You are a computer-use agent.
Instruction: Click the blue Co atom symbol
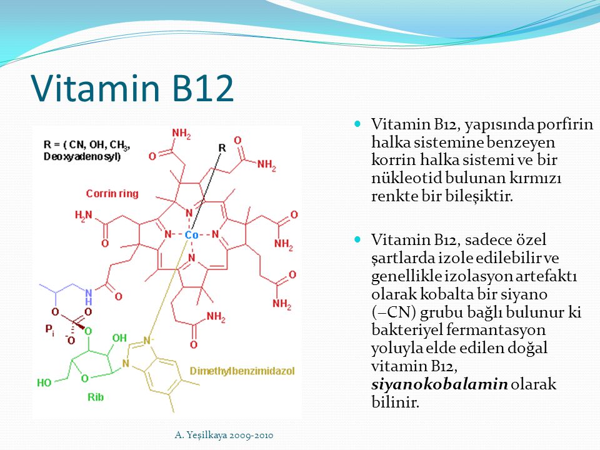(191, 235)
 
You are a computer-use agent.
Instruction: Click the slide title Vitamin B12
(132, 88)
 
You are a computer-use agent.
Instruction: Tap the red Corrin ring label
(112, 194)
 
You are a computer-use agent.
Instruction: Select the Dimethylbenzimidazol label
(242, 371)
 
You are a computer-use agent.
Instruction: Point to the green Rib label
(96, 397)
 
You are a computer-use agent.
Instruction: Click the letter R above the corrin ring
(222, 147)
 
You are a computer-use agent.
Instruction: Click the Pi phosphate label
(50, 329)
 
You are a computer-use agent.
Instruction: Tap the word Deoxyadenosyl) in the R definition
(82, 157)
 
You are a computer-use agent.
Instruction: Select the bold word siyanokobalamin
(439, 384)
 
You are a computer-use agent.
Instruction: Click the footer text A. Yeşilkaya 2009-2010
(224, 435)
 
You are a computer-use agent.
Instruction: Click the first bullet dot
(357, 124)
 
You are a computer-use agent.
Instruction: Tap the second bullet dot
(357, 239)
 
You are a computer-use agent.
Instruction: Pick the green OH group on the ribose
(119, 338)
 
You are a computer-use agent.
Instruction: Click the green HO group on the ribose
(44, 382)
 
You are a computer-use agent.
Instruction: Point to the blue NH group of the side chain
(89, 296)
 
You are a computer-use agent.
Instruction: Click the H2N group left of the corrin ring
(83, 215)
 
